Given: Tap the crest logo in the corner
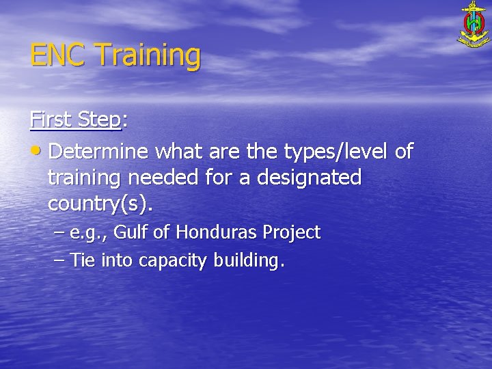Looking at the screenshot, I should [x=474, y=25].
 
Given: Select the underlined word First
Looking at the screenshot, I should [x=51, y=120].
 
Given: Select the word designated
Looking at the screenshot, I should [x=303, y=178].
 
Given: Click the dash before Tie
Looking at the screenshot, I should [x=59, y=260].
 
